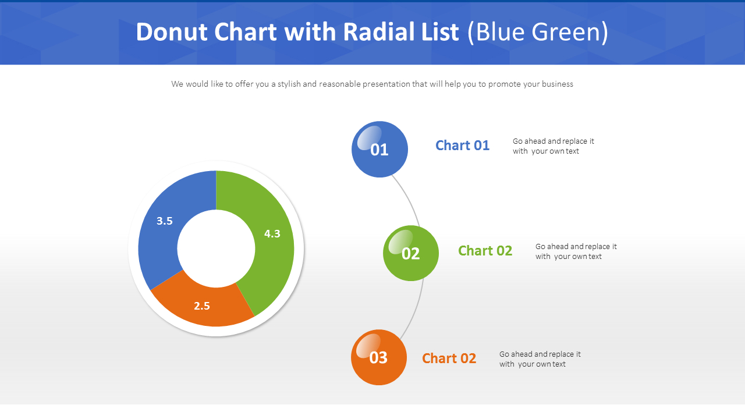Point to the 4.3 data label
[272, 234]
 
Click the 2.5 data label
[202, 306]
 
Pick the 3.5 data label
[165, 221]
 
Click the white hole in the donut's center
[216, 248]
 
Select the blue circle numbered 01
[379, 150]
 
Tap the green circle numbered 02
[411, 253]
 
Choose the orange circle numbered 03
[379, 357]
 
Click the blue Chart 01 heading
[462, 145]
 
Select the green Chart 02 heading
[485, 251]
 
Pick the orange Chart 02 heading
[449, 358]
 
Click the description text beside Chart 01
[553, 146]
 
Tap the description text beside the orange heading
[540, 359]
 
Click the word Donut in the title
[172, 33]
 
